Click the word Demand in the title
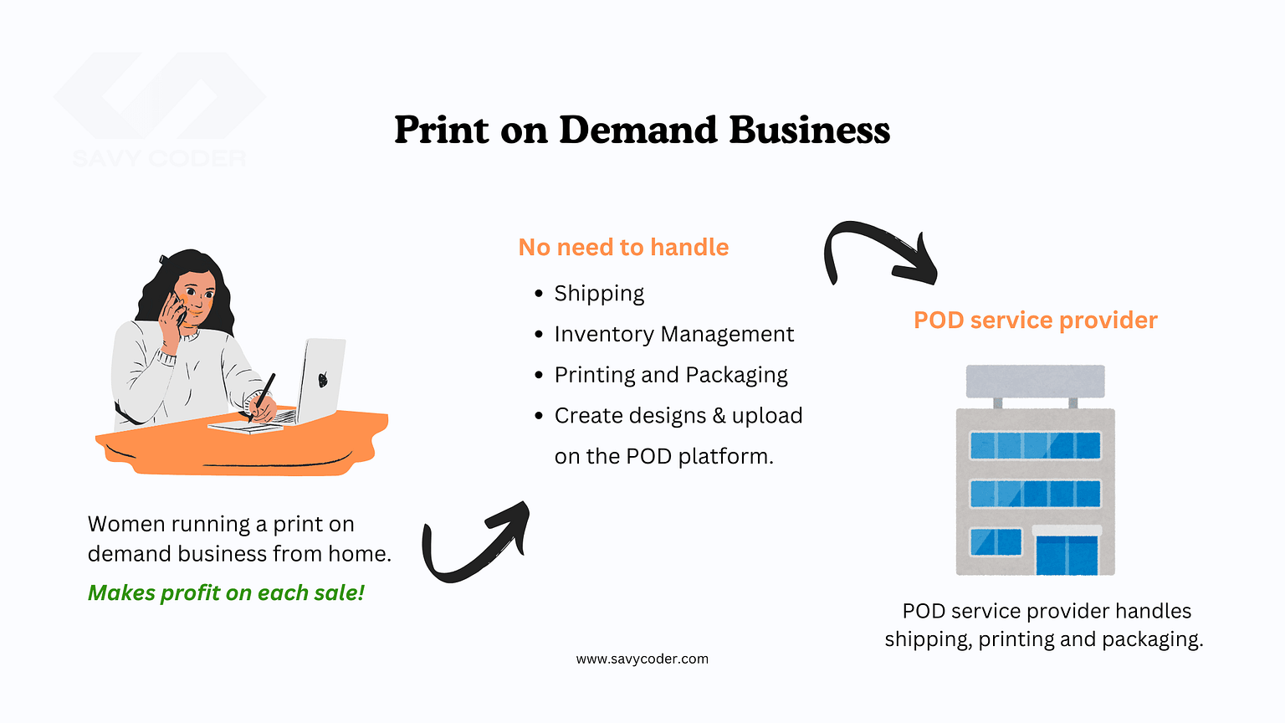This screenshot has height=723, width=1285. [x=638, y=130]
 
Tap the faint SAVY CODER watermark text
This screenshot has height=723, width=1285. [x=160, y=158]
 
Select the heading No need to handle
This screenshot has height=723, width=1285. [x=623, y=248]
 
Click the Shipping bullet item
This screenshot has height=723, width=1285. [x=599, y=294]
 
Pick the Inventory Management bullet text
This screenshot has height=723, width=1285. [x=674, y=334]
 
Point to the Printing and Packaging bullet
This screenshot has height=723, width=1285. [x=671, y=375]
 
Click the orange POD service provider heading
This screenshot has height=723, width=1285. [x=1035, y=320]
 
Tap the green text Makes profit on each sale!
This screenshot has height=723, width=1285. [x=226, y=592]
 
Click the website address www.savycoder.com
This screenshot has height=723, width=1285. [x=642, y=659]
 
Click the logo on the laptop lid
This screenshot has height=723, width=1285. [x=323, y=379]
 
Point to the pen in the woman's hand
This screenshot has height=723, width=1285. [x=262, y=397]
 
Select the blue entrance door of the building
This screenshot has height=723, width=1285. [x=1067, y=556]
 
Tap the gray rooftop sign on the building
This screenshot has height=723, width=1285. [x=1036, y=382]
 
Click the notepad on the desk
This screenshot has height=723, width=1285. [x=245, y=427]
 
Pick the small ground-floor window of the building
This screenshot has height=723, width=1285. [x=996, y=541]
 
